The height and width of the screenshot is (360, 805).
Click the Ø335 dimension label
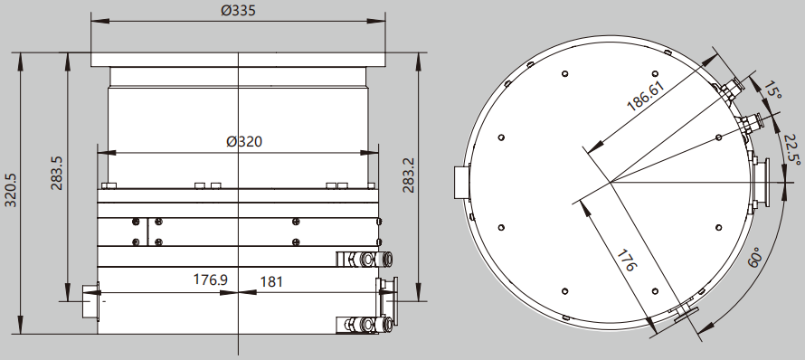click(x=238, y=10)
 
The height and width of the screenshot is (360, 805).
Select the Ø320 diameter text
click(x=244, y=142)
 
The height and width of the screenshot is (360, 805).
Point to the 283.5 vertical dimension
click(x=56, y=173)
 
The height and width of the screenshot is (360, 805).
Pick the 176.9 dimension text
click(x=211, y=279)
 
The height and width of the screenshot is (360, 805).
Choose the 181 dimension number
click(x=271, y=282)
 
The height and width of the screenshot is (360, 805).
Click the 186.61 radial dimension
click(x=646, y=96)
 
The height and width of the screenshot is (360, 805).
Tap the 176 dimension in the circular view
click(x=626, y=261)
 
